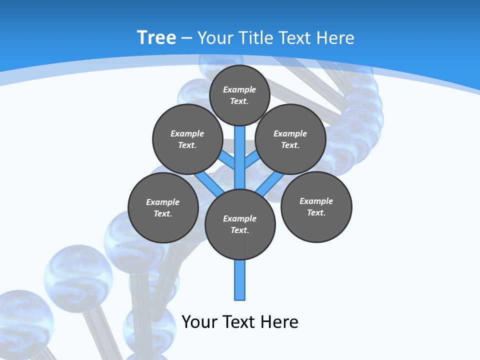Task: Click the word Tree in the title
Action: coord(156,37)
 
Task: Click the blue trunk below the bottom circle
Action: coord(240,280)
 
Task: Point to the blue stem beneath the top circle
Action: coord(240,150)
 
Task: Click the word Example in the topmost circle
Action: coord(239,89)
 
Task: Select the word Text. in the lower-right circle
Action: coord(316,212)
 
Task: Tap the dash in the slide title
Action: coord(186,38)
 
